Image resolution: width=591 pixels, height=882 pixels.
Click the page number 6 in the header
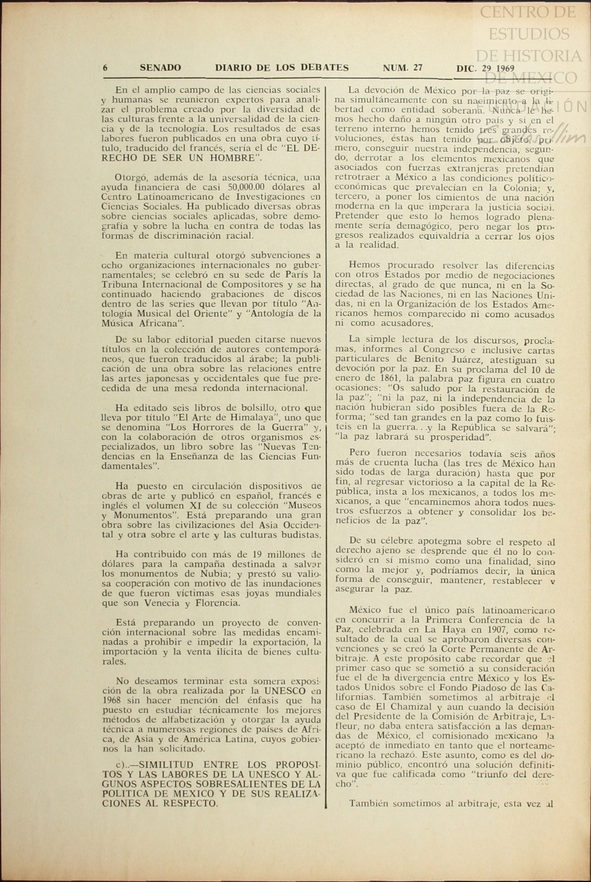point(105,68)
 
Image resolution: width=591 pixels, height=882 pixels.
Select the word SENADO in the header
point(160,68)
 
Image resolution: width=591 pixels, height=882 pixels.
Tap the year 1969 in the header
point(503,69)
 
